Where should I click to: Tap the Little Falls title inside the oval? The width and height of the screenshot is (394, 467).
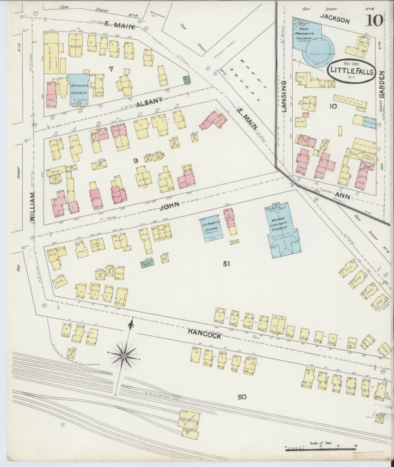(352, 71)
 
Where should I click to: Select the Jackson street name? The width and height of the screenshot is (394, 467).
(335, 20)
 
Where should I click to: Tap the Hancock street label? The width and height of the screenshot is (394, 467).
(204, 335)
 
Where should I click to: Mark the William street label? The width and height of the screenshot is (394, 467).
(32, 206)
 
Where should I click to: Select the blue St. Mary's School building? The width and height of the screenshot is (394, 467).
(211, 228)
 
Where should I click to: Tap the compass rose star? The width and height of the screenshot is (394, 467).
(124, 356)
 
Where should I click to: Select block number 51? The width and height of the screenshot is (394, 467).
(226, 263)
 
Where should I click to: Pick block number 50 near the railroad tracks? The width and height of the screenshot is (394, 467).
(242, 397)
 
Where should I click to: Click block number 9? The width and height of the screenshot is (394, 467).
(135, 161)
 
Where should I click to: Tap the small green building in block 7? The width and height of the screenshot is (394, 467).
(187, 80)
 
